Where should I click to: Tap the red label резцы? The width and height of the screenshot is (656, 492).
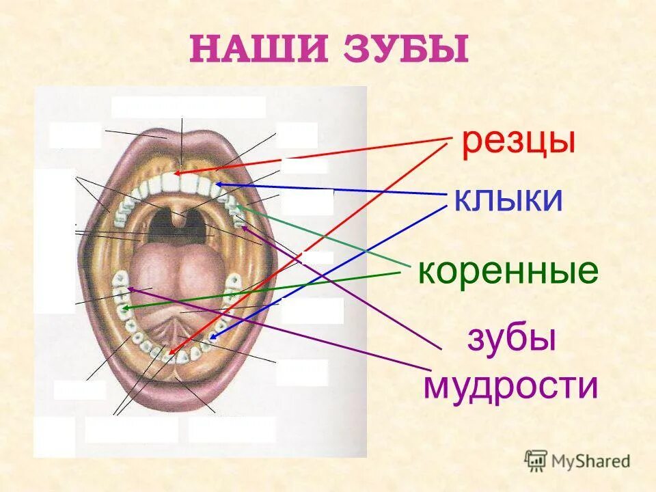[518, 142]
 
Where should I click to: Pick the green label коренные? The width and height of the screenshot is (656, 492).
[508, 271]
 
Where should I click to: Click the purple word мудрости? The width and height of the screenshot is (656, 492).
[510, 387]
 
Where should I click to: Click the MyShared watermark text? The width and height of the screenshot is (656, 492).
[592, 461]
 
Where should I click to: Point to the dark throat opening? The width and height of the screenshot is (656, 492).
[179, 225]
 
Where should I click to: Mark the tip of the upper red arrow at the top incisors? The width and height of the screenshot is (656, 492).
[174, 174]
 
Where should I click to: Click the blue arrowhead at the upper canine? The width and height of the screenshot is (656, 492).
[216, 184]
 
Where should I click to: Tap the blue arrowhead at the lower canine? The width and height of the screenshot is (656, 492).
[213, 338]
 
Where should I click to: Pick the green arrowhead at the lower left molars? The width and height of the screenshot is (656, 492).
[124, 309]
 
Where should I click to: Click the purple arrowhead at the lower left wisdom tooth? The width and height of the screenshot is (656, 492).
[129, 289]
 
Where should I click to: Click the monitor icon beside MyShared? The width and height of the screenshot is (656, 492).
[536, 461]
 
